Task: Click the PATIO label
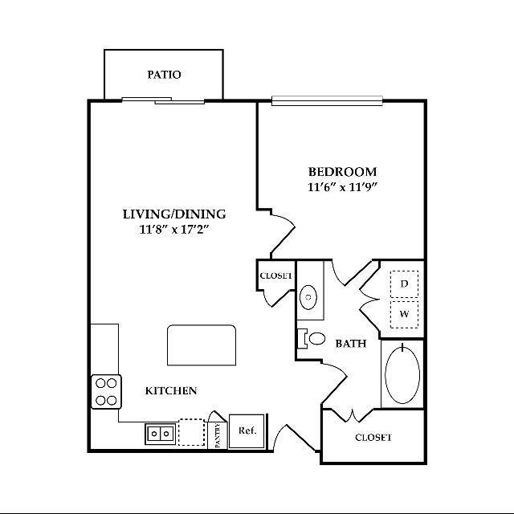(x=164, y=75)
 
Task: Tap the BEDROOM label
(x=343, y=172)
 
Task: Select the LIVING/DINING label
(x=174, y=214)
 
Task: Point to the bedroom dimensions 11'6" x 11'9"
(x=343, y=188)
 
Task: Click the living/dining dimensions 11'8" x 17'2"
(x=174, y=230)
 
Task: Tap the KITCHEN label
(x=171, y=391)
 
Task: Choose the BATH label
(x=351, y=343)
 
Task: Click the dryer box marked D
(x=404, y=284)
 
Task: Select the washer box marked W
(x=404, y=313)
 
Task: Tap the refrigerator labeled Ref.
(x=247, y=430)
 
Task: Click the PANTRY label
(x=218, y=434)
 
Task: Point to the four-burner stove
(x=106, y=391)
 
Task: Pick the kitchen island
(x=201, y=345)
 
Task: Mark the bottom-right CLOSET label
(x=373, y=438)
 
